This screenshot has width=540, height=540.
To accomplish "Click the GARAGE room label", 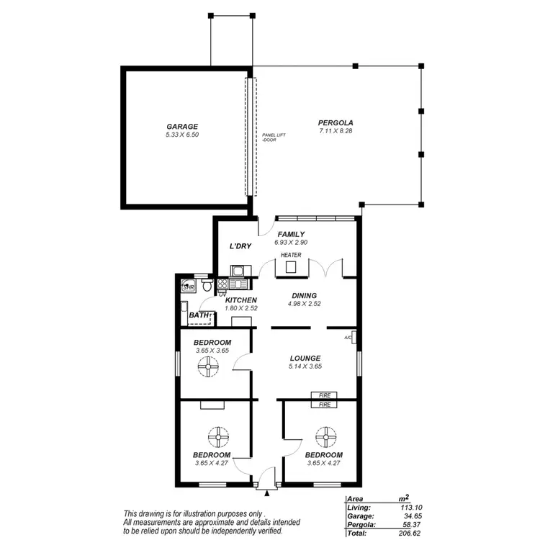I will [181, 127].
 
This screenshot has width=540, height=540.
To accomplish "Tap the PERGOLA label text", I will [336, 123].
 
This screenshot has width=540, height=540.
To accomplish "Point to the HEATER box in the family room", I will [292, 267].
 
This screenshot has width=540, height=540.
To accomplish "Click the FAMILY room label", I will [291, 234].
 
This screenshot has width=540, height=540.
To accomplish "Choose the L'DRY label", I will [240, 246].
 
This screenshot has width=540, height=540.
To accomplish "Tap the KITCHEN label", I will [241, 300].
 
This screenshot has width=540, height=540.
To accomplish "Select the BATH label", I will [198, 315].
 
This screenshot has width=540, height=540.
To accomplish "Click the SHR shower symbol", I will [189, 287].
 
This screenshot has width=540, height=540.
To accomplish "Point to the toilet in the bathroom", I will [207, 287].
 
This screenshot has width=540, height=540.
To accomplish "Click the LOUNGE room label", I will [305, 358].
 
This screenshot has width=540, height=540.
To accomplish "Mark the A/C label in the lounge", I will [348, 338].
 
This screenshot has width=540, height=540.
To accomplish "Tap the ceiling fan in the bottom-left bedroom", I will [217, 436].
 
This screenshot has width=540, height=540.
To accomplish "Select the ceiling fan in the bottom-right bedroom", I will [325, 436].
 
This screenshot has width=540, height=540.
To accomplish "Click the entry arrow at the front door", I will [267, 494].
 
